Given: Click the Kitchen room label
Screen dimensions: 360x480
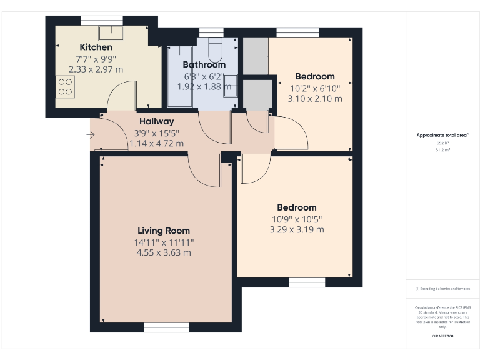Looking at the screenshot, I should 96,47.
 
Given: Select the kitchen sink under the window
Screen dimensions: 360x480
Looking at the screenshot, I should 112,32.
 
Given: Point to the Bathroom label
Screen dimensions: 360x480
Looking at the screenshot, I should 204,64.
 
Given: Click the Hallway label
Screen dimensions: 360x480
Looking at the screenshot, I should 156,121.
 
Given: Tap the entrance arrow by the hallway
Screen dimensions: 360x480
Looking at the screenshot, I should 91,134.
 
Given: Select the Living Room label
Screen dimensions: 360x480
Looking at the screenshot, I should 164,231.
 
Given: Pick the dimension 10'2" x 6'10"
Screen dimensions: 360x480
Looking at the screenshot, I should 315,88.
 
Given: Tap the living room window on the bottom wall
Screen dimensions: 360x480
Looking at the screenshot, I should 162,327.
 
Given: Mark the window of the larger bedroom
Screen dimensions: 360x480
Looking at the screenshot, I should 307,282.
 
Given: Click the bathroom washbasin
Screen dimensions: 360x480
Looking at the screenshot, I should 231,82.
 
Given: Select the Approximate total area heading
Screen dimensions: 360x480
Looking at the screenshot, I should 442,135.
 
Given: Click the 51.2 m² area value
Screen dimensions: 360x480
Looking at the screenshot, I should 442,149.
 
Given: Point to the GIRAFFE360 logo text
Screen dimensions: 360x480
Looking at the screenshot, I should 442,336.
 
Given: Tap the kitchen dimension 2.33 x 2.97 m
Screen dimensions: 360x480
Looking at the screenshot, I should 96,69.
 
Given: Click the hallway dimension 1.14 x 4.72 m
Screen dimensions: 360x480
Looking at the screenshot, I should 156,144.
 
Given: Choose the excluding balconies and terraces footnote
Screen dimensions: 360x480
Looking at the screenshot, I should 442,289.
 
